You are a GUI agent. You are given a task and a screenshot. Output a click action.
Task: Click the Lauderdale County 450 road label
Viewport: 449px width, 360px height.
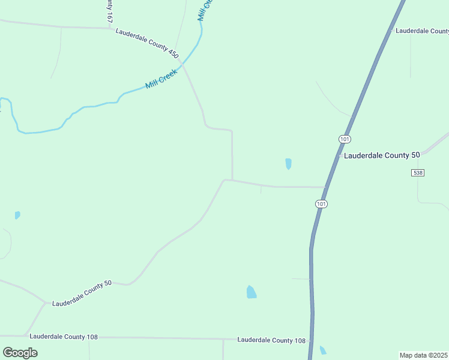coord(148,43)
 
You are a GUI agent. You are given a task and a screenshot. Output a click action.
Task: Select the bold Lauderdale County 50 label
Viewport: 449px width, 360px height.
coord(381,155)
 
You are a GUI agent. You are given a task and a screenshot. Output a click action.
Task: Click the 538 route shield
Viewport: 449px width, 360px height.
coord(418,173)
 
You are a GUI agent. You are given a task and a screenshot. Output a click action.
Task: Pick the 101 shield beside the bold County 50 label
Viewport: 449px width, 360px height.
coord(344,139)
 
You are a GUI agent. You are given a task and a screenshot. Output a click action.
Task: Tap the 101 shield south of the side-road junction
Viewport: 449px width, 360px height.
coord(322,204)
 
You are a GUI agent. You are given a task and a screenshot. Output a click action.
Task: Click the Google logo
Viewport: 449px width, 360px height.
coord(20,353)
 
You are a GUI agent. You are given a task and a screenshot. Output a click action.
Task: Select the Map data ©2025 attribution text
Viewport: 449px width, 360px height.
coord(424,355)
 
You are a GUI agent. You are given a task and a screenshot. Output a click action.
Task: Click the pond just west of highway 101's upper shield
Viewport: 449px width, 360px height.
coord(289,163)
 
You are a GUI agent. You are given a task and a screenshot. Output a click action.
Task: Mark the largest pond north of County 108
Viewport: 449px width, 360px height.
coord(251,292)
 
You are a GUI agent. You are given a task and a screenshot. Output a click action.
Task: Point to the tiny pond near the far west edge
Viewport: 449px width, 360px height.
coord(17,215)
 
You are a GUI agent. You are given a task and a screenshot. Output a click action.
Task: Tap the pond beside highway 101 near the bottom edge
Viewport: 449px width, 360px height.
coord(323,350)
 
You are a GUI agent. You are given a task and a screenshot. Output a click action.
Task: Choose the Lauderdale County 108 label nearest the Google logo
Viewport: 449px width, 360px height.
coord(64,337)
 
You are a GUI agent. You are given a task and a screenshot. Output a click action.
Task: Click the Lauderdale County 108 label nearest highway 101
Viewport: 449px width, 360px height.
coord(271,340)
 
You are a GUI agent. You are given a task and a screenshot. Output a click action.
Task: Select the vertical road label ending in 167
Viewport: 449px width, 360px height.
coord(109,11)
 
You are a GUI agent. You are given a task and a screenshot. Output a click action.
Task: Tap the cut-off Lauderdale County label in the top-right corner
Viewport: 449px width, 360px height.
coord(421,31)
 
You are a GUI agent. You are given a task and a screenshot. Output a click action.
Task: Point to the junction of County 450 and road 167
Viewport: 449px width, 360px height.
coord(110,28)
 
